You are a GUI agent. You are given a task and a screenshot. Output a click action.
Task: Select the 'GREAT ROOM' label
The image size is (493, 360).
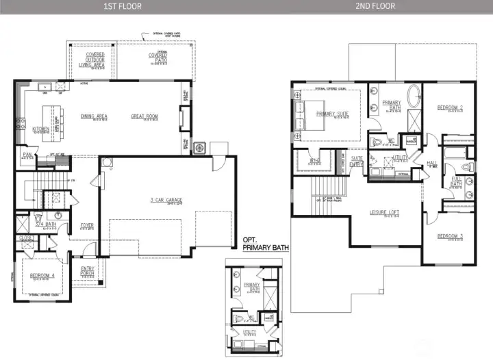[x=144, y=116]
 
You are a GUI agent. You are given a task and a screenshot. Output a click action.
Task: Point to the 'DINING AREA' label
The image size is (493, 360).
[x=94, y=116]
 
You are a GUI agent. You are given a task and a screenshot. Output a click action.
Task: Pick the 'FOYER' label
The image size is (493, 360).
[x=87, y=224]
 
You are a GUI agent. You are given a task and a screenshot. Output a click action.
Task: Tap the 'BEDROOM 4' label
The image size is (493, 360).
[x=42, y=276]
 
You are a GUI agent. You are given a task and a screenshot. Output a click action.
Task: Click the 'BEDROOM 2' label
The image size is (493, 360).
[x=450, y=107]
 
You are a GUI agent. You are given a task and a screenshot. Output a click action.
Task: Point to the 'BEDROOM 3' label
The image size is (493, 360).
[x=450, y=236]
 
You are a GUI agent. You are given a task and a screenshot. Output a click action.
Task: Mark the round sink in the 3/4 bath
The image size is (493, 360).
[x=59, y=215]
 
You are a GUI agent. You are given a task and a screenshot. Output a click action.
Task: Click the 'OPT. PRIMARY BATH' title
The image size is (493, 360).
[x=266, y=244]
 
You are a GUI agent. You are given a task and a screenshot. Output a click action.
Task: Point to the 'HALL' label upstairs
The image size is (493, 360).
[x=431, y=163]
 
